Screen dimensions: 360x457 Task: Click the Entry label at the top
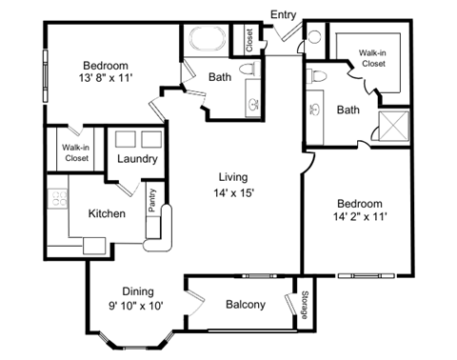pyautogui.click(x=284, y=14)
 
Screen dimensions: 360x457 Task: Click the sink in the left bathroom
pyautogui.click(x=253, y=105)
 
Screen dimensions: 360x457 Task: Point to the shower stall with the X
pyautogui.click(x=392, y=126)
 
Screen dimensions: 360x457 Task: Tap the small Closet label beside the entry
pyautogui.click(x=249, y=39)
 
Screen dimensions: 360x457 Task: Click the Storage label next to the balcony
pyautogui.click(x=306, y=305)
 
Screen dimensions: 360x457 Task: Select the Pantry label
pyautogui.click(x=151, y=201)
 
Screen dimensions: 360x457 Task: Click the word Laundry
pyautogui.click(x=136, y=160)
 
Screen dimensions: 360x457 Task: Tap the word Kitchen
pyautogui.click(x=107, y=214)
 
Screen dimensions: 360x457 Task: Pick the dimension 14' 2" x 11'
pyautogui.click(x=359, y=218)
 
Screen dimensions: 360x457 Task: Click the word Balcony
pyautogui.click(x=246, y=305)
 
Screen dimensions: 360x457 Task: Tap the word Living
pyautogui.click(x=233, y=177)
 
